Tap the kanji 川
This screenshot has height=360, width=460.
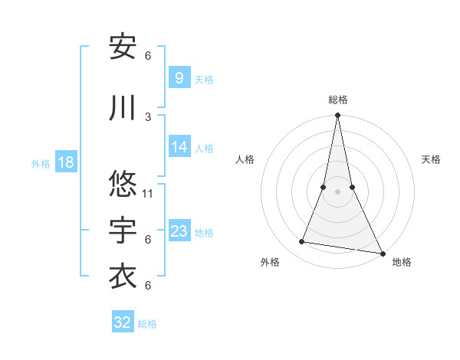123,108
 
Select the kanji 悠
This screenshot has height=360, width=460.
123,185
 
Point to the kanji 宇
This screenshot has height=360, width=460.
123,231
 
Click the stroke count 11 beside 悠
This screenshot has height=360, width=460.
148,193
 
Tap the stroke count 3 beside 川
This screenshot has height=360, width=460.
148,116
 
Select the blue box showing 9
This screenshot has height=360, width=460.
179,78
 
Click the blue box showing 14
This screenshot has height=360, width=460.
179,147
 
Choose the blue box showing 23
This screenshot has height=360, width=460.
179,231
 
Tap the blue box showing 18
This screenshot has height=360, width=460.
65,162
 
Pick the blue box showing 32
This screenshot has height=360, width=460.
123,322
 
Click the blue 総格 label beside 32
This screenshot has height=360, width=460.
147,324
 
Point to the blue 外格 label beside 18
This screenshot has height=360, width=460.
41,163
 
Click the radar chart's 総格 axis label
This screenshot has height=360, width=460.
337,100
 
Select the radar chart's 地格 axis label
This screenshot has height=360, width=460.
402,262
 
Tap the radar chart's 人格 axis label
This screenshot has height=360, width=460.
245,159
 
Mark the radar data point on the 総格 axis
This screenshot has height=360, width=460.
337,116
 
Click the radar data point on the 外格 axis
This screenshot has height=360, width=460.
302,242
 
